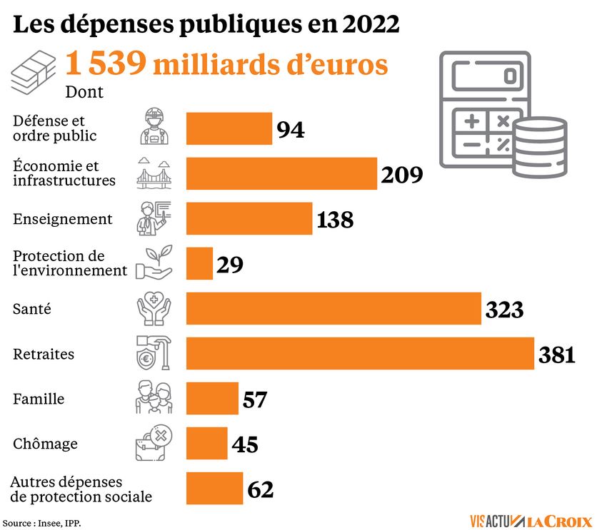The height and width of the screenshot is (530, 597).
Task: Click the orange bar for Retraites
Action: point(360,354)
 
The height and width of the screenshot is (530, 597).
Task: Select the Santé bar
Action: point(333,309)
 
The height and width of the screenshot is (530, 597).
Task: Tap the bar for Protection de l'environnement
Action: point(200,264)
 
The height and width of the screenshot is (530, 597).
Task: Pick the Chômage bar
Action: point(207,444)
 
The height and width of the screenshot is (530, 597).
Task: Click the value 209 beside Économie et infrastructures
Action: point(402,174)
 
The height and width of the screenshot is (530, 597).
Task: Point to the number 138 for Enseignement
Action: point(335,220)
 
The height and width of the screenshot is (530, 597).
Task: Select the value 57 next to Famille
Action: point(255,399)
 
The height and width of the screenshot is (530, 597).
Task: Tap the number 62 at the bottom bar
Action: point(261,489)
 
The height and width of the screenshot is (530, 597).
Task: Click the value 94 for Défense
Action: point(291,130)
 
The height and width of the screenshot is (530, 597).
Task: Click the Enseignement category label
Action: point(63,219)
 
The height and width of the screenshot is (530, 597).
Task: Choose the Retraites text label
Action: point(44,354)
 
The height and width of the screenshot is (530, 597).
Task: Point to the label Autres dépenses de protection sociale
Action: point(82,489)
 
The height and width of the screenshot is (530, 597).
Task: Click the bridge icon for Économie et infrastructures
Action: point(154,173)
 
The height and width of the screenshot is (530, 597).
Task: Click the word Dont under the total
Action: point(84,92)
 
